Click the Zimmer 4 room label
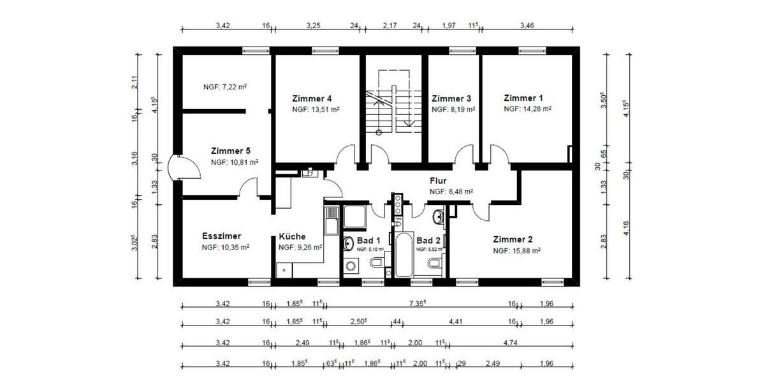coord(312,98)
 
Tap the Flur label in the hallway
coord(438,181)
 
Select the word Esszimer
coord(221,236)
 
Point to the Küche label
coord(292,236)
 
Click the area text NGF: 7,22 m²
coord(224,87)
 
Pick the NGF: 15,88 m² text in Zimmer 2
coord(516,251)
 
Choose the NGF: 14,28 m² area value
coord(527,109)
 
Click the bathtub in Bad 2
coord(404,255)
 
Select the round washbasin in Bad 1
coord(349,243)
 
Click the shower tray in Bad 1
coord(354,216)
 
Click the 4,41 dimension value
coord(455,321)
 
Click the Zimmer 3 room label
coord(451,98)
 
